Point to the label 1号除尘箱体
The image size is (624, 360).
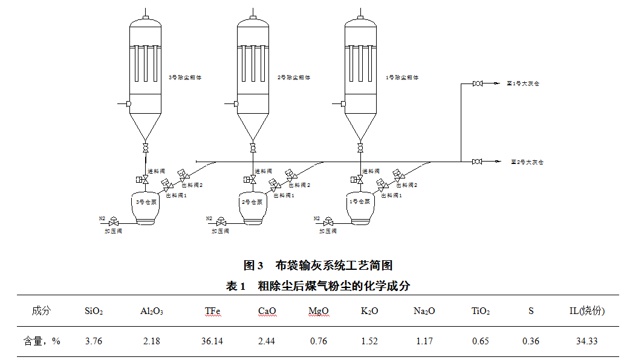coord(402,77)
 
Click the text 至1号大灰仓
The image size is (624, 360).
coord(522,83)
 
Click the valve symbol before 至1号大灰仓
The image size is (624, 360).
coord(478,83)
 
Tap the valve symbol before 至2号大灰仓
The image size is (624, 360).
coord(478,162)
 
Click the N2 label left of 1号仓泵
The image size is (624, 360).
coord(317,218)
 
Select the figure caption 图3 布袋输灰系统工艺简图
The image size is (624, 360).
coord(318,266)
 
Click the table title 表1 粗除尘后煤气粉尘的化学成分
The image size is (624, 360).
coord(318,286)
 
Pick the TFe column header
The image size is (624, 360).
coord(212,312)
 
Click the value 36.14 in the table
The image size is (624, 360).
coord(212,341)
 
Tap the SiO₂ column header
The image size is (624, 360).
coord(94,312)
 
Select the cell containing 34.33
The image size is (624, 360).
coord(587,341)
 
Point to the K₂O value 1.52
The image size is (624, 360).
coord(369,341)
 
